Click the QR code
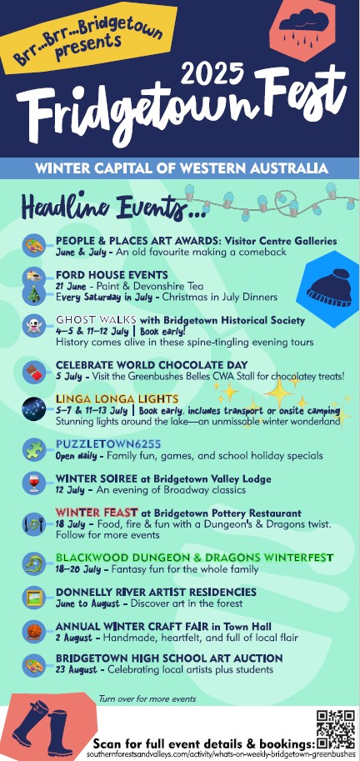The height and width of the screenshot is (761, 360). click(x=336, y=729)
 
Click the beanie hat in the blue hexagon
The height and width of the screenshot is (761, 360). click(x=329, y=288)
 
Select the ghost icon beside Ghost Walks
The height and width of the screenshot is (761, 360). click(x=33, y=326)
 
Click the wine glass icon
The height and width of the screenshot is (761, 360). click(x=34, y=483)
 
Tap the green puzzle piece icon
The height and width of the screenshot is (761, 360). click(x=34, y=449)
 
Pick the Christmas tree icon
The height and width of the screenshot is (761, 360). click(x=33, y=293)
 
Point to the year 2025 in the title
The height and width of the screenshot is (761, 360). click(x=212, y=74)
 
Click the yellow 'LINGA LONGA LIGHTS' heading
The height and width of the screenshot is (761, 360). click(x=117, y=399)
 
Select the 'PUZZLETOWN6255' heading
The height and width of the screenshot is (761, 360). click(x=108, y=444)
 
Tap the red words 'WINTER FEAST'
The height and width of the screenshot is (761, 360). click(x=97, y=513)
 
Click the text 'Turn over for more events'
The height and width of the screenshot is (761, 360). click(x=147, y=698)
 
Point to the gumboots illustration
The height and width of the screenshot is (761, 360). click(x=42, y=728)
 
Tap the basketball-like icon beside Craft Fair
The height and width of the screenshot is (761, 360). click(x=34, y=632)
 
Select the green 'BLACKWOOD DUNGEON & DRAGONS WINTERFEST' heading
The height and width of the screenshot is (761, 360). click(x=194, y=557)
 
